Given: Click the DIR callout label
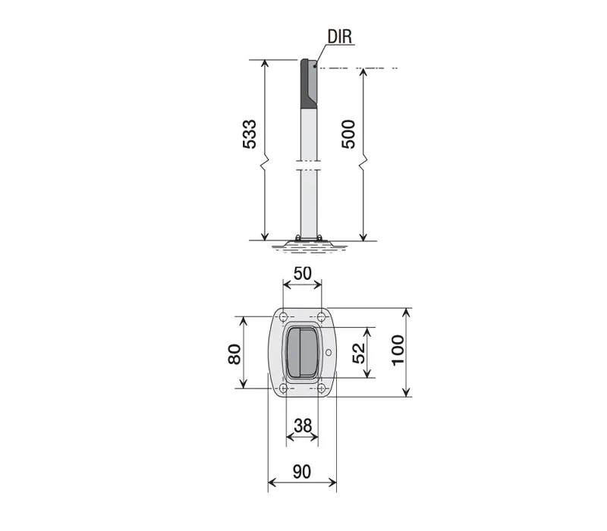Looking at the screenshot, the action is coord(339,36).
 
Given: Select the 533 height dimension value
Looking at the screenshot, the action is coord(250,134).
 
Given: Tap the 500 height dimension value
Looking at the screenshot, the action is coord(348,134).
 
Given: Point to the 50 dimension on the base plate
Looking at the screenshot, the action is coord(302,274).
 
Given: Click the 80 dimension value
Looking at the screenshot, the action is coord(234,354).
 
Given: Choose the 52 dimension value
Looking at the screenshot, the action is coord(359,353).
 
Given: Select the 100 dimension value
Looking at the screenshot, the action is coord(398,350).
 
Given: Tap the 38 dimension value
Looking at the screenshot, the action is coord(303,426).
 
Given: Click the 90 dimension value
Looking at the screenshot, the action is coord(302,472).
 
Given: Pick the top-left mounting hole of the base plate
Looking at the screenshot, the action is coord(283,316).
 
